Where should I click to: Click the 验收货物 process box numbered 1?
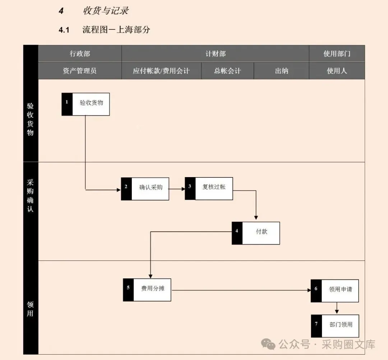coord(86,104)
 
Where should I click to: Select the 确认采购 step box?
coord(145,189)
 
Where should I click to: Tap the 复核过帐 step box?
coord(209,188)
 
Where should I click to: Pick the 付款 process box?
coord(256,233)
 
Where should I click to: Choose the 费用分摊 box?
coord(147,290)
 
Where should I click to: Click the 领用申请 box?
coord(335,290)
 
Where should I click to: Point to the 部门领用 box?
coord(335,326)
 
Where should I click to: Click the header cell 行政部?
coord(80,54)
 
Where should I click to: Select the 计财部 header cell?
coord(215,54)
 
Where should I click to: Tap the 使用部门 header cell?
coord(337,54)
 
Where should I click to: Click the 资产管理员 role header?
coord(80,71)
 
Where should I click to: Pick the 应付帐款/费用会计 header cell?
coord(161,71)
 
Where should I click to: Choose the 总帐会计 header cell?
coord(227,71)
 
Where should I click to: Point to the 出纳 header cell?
coord(281,71)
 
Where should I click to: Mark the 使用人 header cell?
coord(337,71)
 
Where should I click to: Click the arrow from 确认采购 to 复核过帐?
coord(177,189)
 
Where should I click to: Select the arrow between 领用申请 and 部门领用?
coord(337,308)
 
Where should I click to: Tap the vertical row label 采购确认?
coord(31,195)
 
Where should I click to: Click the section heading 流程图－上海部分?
coord(116,30)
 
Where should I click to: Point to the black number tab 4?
coord(237,233)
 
